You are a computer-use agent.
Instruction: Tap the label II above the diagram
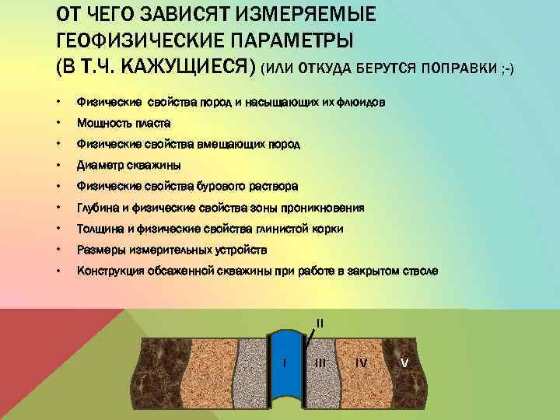coord(320,323)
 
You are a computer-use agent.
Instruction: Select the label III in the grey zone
coord(320,362)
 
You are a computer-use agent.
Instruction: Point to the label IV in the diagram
coord(361,362)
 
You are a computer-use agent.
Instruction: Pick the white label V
coord(404,362)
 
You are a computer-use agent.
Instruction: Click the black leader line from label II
coord(310,338)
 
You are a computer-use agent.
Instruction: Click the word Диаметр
coord(99,166)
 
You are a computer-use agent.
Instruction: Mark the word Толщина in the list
coord(100,229)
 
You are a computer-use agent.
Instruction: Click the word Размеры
coord(100,250)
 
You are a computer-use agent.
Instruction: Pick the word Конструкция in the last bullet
coord(110,271)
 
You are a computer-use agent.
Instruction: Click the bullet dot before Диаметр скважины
coord(59,166)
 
